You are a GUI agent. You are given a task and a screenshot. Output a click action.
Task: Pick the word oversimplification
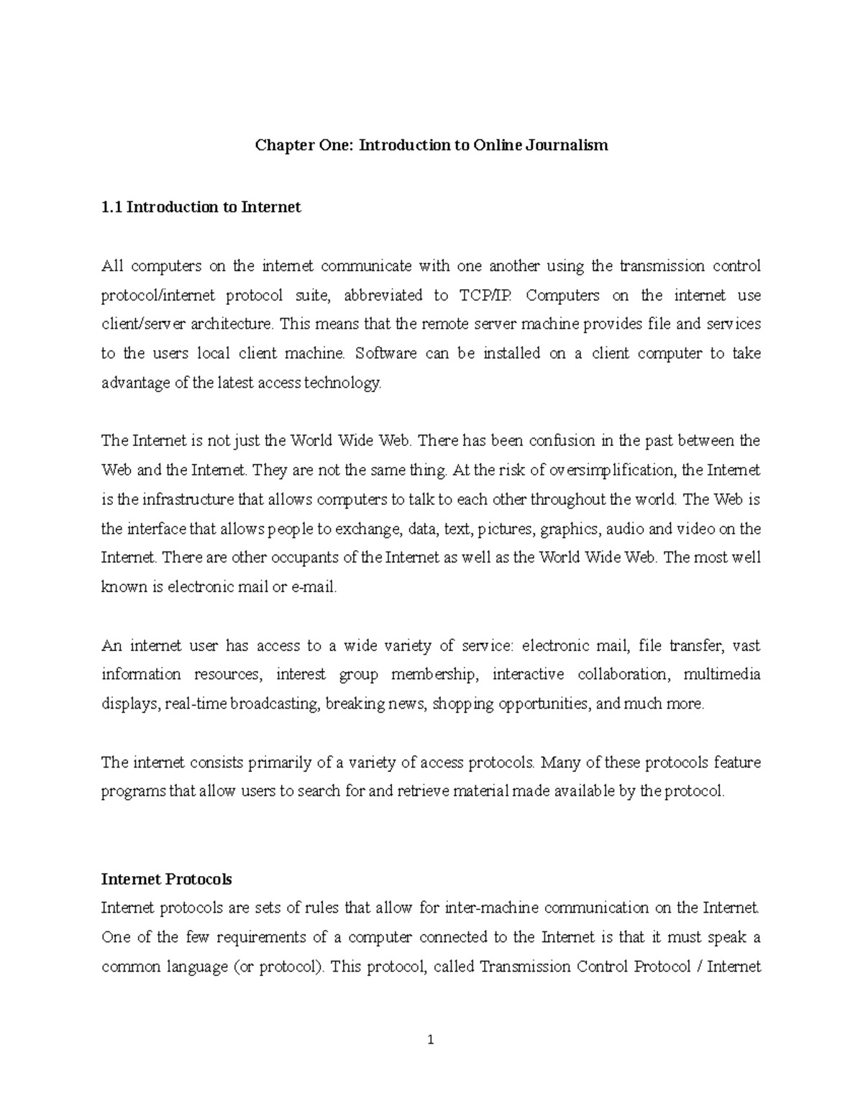point(612,470)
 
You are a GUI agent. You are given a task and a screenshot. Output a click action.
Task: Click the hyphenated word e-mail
point(313,587)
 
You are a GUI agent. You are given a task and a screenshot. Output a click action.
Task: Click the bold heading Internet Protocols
point(166,879)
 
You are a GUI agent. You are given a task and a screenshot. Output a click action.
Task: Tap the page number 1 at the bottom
point(431,1039)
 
